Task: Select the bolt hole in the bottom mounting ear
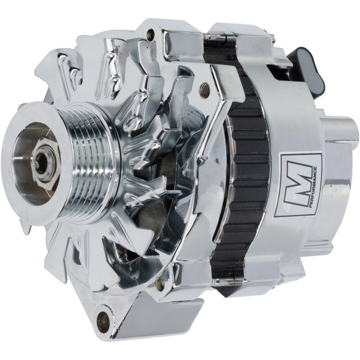click(x=104, y=320)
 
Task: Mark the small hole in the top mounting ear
click(x=150, y=35)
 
